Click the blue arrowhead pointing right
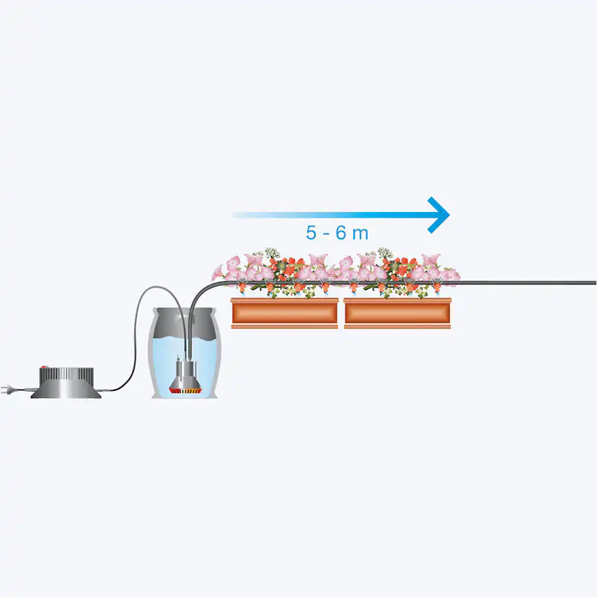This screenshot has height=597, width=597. pos(438,214)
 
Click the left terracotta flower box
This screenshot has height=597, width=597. pos(285,313)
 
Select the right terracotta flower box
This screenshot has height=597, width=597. pos(397,313)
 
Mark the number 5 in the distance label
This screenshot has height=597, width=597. pos(311,234)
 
